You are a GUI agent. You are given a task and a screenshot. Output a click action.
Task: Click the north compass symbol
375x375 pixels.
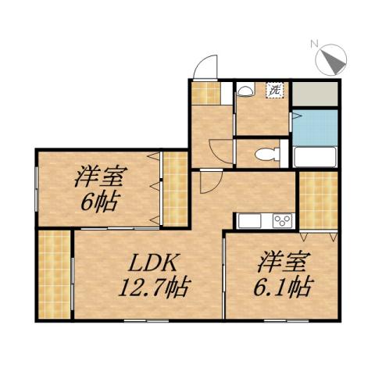coord(331,59)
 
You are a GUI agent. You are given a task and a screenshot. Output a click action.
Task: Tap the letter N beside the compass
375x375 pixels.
coord(313,44)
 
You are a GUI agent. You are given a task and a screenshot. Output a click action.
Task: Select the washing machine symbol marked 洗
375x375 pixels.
coord(275,90)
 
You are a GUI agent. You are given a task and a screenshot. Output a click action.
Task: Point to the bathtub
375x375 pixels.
coord(315,157)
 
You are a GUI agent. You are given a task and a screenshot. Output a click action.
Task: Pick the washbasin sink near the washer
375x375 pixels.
coord(245,91)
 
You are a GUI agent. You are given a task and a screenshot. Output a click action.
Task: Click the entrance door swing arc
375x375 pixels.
coord(205,67)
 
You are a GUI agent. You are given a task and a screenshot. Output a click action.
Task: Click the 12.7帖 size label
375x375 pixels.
coord(152,288)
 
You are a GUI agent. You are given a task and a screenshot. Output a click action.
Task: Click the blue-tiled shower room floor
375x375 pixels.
coord(316,126)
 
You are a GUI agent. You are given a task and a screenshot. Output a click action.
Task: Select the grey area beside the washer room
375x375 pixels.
coord(316,94)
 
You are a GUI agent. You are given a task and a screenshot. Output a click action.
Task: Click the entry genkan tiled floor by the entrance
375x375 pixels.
coord(205,92)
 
